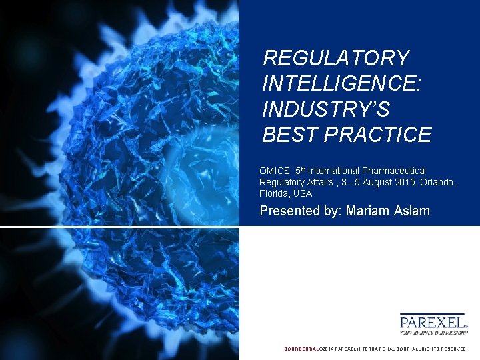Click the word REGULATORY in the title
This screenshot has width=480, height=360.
click(336, 58)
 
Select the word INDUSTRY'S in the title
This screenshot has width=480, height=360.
click(326, 109)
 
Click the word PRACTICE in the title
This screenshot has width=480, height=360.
click(378, 135)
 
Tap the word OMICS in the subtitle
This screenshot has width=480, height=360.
click(273, 171)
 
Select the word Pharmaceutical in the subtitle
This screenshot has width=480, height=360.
click(394, 171)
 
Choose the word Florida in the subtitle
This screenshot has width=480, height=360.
click(274, 194)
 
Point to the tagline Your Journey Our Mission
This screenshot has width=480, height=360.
click(433, 332)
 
